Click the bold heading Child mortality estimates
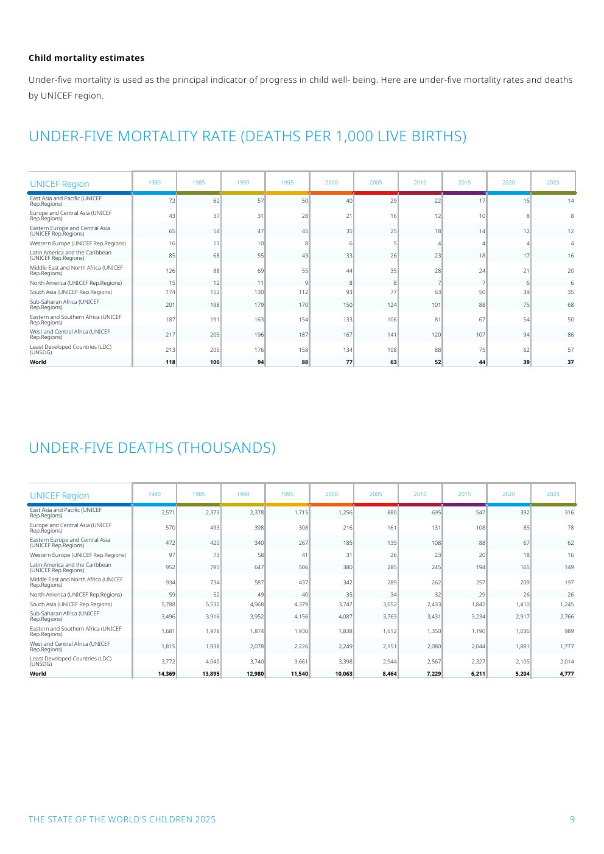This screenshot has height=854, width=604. coord(86,58)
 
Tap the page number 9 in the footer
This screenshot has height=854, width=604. coord(572,819)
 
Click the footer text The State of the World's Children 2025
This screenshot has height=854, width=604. coord(122,819)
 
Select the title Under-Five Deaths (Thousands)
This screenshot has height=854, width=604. coord(152,448)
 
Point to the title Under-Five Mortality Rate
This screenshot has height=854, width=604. coord(247,136)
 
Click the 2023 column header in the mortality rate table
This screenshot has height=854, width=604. coord(552,183)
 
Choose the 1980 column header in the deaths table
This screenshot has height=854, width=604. coord(155,494)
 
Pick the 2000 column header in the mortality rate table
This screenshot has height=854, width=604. coord(331,183)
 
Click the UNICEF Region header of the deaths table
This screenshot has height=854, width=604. coord(60,495)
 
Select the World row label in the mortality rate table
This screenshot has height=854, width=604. coord(38,362)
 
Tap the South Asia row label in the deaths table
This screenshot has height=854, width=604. coord(71,604)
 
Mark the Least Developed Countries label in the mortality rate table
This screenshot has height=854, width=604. coord(71,349)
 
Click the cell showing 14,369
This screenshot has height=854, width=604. coord(166,674)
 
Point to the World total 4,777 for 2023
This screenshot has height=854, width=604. coord(566,674)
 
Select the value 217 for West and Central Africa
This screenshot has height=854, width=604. coord(170,335)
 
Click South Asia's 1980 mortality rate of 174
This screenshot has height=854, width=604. coord(170,292)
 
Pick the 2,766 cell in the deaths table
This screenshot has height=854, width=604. coord(566,617)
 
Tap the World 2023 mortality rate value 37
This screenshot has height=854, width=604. coord(570,362)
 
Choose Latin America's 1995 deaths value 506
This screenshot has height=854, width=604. coord(303,567)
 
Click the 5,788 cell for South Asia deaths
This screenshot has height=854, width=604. coord(168,604)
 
